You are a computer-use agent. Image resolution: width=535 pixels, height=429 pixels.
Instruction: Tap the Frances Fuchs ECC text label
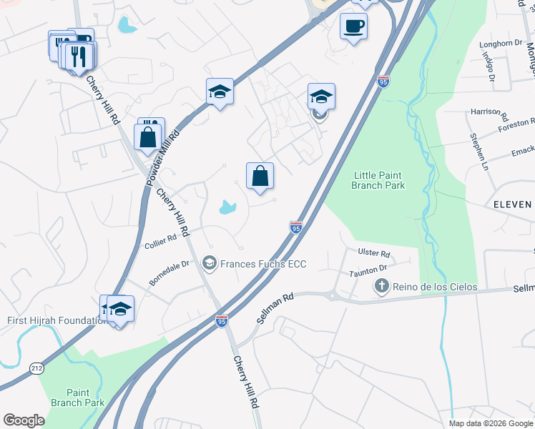click(262, 265)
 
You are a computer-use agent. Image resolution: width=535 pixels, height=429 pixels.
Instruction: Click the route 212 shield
click(36, 368)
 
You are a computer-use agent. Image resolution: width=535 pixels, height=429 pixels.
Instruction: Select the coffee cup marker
click(353, 27)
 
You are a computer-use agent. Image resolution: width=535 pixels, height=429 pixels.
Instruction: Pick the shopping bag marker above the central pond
click(260, 176)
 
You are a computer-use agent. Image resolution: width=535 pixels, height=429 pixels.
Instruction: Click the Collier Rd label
click(160, 242)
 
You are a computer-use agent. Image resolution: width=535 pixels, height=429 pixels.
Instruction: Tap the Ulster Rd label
click(374, 254)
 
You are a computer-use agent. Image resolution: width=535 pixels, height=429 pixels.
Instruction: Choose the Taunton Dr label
click(368, 270)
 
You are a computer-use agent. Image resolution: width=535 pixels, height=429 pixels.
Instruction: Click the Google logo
click(24, 420)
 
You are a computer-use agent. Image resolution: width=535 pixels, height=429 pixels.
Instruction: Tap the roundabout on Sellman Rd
click(332, 295)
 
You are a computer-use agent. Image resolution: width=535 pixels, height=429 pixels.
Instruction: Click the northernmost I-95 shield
click(383, 82)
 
